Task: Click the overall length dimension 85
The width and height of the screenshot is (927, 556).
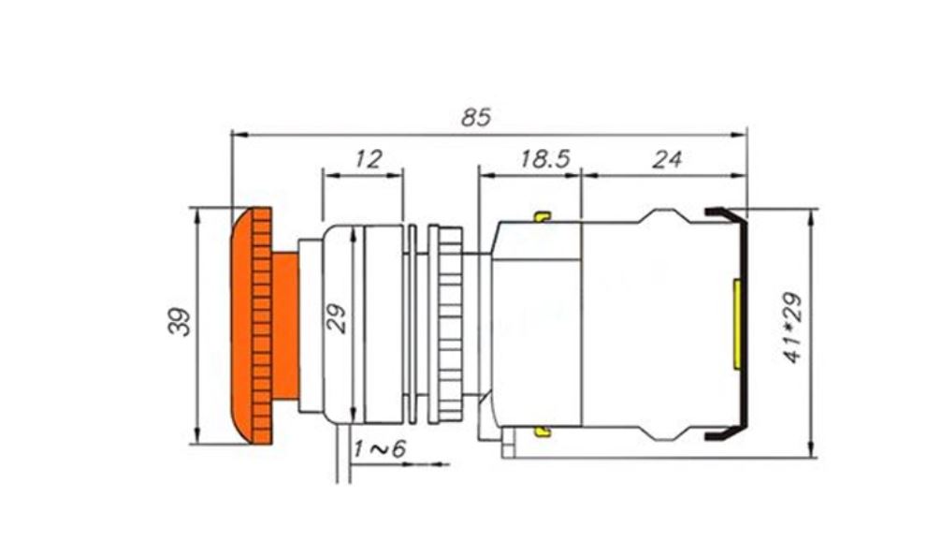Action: [476, 117]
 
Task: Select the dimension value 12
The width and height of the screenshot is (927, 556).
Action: [369, 159]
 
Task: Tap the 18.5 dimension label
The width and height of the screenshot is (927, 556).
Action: [544, 159]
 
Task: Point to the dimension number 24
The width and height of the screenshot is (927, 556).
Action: [667, 159]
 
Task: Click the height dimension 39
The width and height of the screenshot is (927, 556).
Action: [180, 322]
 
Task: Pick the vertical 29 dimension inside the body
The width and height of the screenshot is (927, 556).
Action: [337, 318]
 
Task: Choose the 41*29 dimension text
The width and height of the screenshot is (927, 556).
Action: [792, 327]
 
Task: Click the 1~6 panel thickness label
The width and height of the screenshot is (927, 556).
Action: [379, 449]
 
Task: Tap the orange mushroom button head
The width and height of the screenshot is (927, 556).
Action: [252, 326]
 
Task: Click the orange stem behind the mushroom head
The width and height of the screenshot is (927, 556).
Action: [285, 326]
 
